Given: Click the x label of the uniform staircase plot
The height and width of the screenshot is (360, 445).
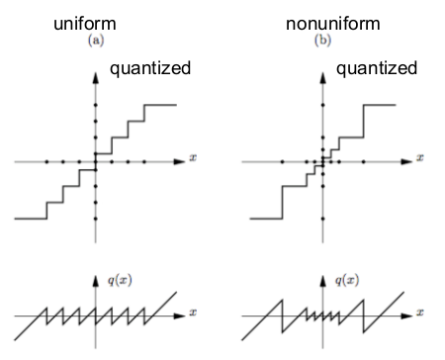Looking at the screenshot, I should [x=194, y=159].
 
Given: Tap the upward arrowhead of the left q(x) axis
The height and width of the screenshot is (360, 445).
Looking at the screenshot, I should [x=97, y=279].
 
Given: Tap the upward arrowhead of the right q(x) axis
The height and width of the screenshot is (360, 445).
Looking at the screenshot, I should [x=323, y=279].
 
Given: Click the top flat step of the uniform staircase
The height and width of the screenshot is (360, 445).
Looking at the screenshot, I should [x=161, y=105].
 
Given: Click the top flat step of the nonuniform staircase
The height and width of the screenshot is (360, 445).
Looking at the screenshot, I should [x=382, y=105].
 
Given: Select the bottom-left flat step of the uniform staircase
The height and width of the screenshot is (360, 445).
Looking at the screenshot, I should [x=30, y=218].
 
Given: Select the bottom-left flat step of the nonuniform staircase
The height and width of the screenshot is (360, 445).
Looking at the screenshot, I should [x=262, y=218].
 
